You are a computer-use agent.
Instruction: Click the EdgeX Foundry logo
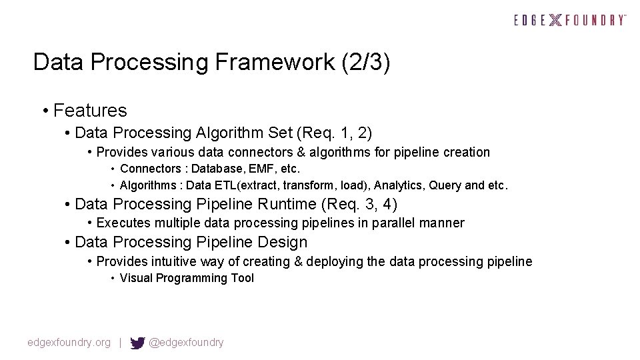coord(570,20)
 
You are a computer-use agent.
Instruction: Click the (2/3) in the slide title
coord(365,63)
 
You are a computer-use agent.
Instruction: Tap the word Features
coord(90,110)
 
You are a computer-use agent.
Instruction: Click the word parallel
coord(389,223)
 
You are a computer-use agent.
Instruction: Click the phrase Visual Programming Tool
coord(187,278)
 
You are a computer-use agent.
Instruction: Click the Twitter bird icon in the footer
coord(137,343)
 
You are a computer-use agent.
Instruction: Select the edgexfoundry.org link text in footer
coord(69,343)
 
